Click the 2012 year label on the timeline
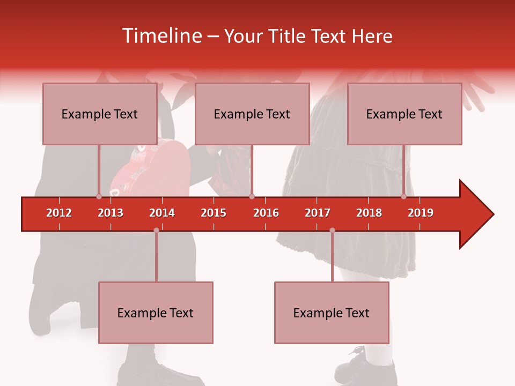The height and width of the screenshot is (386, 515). tap(59, 213)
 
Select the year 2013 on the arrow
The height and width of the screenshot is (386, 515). tap(111, 213)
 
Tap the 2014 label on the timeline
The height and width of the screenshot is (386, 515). tap(162, 213)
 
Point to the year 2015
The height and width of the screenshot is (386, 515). tap(214, 213)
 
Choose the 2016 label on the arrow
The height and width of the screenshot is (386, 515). tap(266, 213)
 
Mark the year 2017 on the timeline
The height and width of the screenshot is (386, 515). tap(318, 213)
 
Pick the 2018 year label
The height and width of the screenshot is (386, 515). tap(369, 213)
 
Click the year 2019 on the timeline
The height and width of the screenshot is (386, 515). tap(421, 213)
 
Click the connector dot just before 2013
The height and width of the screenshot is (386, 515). tap(99, 196)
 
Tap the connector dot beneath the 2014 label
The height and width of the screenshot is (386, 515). tap(156, 231)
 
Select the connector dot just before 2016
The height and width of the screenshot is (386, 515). tap(252, 196)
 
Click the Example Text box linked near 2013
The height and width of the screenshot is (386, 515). tap(100, 114)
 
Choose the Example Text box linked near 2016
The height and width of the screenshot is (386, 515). tap(252, 114)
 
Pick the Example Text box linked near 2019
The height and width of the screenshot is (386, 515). tap(404, 114)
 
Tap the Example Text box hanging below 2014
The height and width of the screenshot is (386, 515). tap(156, 313)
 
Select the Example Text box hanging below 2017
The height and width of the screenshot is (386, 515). tap(332, 313)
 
